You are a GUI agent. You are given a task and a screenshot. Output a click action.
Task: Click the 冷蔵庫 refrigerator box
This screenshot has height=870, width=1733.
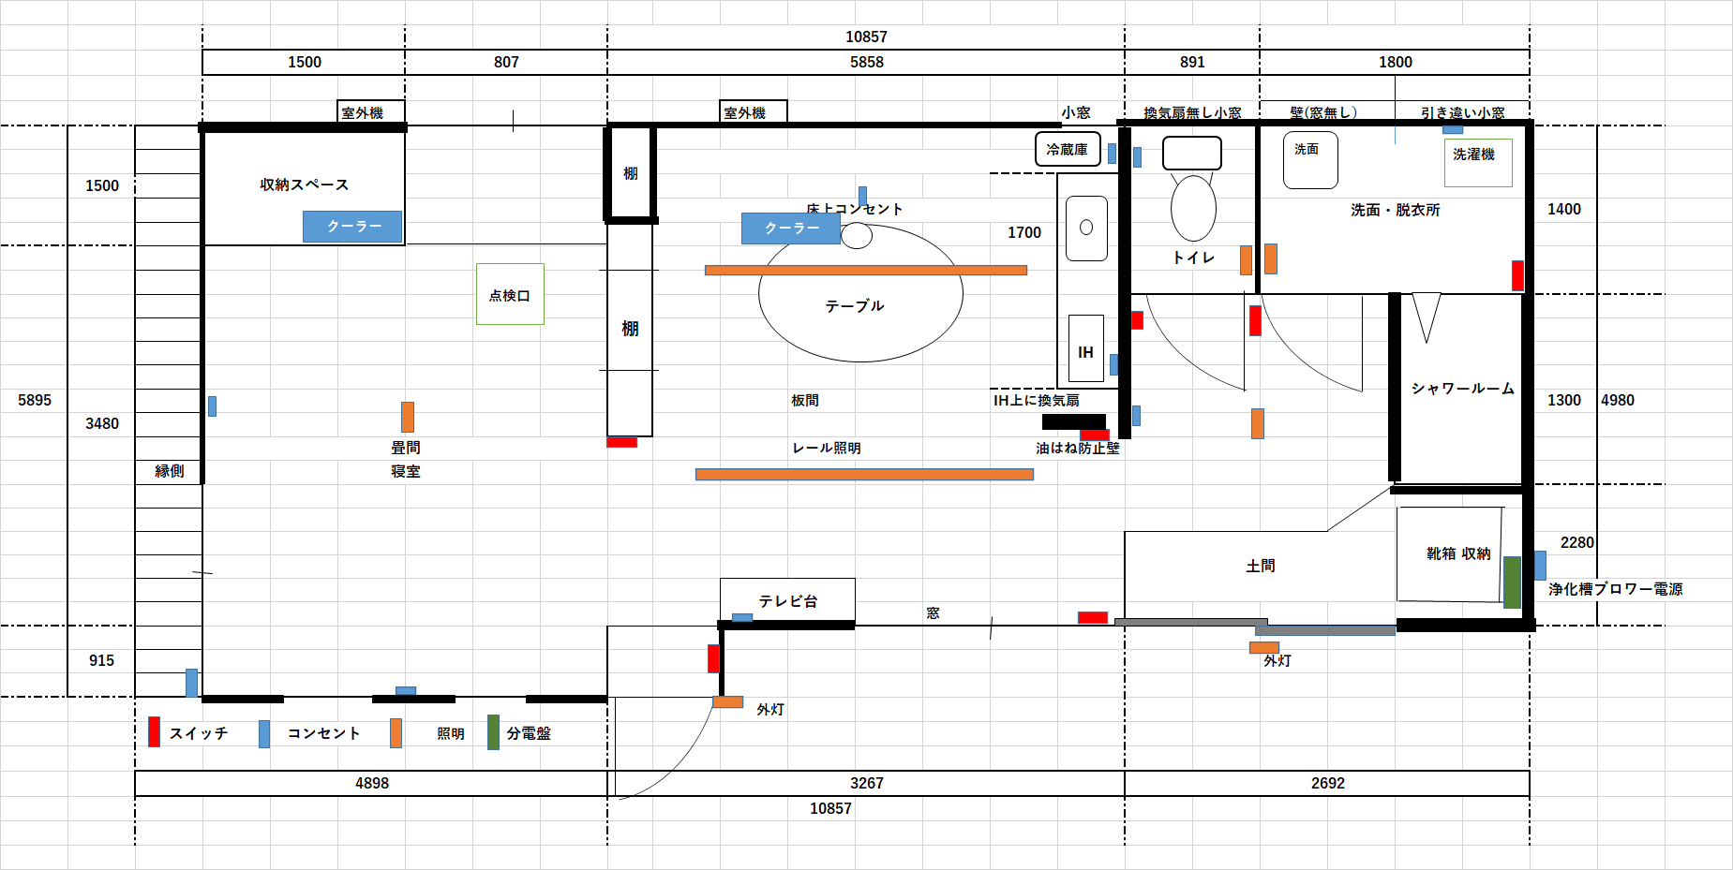1067,150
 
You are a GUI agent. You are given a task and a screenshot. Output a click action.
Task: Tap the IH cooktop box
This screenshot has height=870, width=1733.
1085,351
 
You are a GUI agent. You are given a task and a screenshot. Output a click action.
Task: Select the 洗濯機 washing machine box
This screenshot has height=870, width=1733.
1477,163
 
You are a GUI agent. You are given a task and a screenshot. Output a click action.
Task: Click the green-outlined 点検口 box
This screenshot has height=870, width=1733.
510,294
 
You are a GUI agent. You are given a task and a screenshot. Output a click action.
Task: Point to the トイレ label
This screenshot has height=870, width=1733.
1193,258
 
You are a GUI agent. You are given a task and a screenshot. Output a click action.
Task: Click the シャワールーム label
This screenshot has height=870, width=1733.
1462,388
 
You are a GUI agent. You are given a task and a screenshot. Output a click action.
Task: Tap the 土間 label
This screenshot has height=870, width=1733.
1261,566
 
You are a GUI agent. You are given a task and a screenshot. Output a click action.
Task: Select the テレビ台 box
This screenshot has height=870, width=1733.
787,599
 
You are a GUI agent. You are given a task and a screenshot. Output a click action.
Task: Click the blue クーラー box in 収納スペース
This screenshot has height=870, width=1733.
352,226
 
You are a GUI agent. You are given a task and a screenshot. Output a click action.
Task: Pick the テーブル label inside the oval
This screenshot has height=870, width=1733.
855,305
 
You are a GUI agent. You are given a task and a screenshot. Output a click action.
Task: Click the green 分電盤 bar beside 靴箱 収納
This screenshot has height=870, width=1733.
1512,582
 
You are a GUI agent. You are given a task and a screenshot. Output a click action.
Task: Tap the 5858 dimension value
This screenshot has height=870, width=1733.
866,62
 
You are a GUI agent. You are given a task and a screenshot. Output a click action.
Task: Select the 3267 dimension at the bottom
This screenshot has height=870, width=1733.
866,783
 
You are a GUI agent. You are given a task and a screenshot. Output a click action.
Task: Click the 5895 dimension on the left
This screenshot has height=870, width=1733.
35,400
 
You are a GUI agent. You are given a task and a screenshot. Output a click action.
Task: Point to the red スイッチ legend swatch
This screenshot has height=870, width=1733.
154,732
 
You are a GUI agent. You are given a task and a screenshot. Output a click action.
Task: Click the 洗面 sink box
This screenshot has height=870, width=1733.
1309,160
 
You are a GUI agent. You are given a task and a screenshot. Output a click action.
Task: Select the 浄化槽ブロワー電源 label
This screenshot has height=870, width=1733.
1615,589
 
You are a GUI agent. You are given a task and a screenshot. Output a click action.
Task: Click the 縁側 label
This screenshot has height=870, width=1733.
170,471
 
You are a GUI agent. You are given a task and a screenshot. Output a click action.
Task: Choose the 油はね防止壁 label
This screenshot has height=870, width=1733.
1077,449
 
